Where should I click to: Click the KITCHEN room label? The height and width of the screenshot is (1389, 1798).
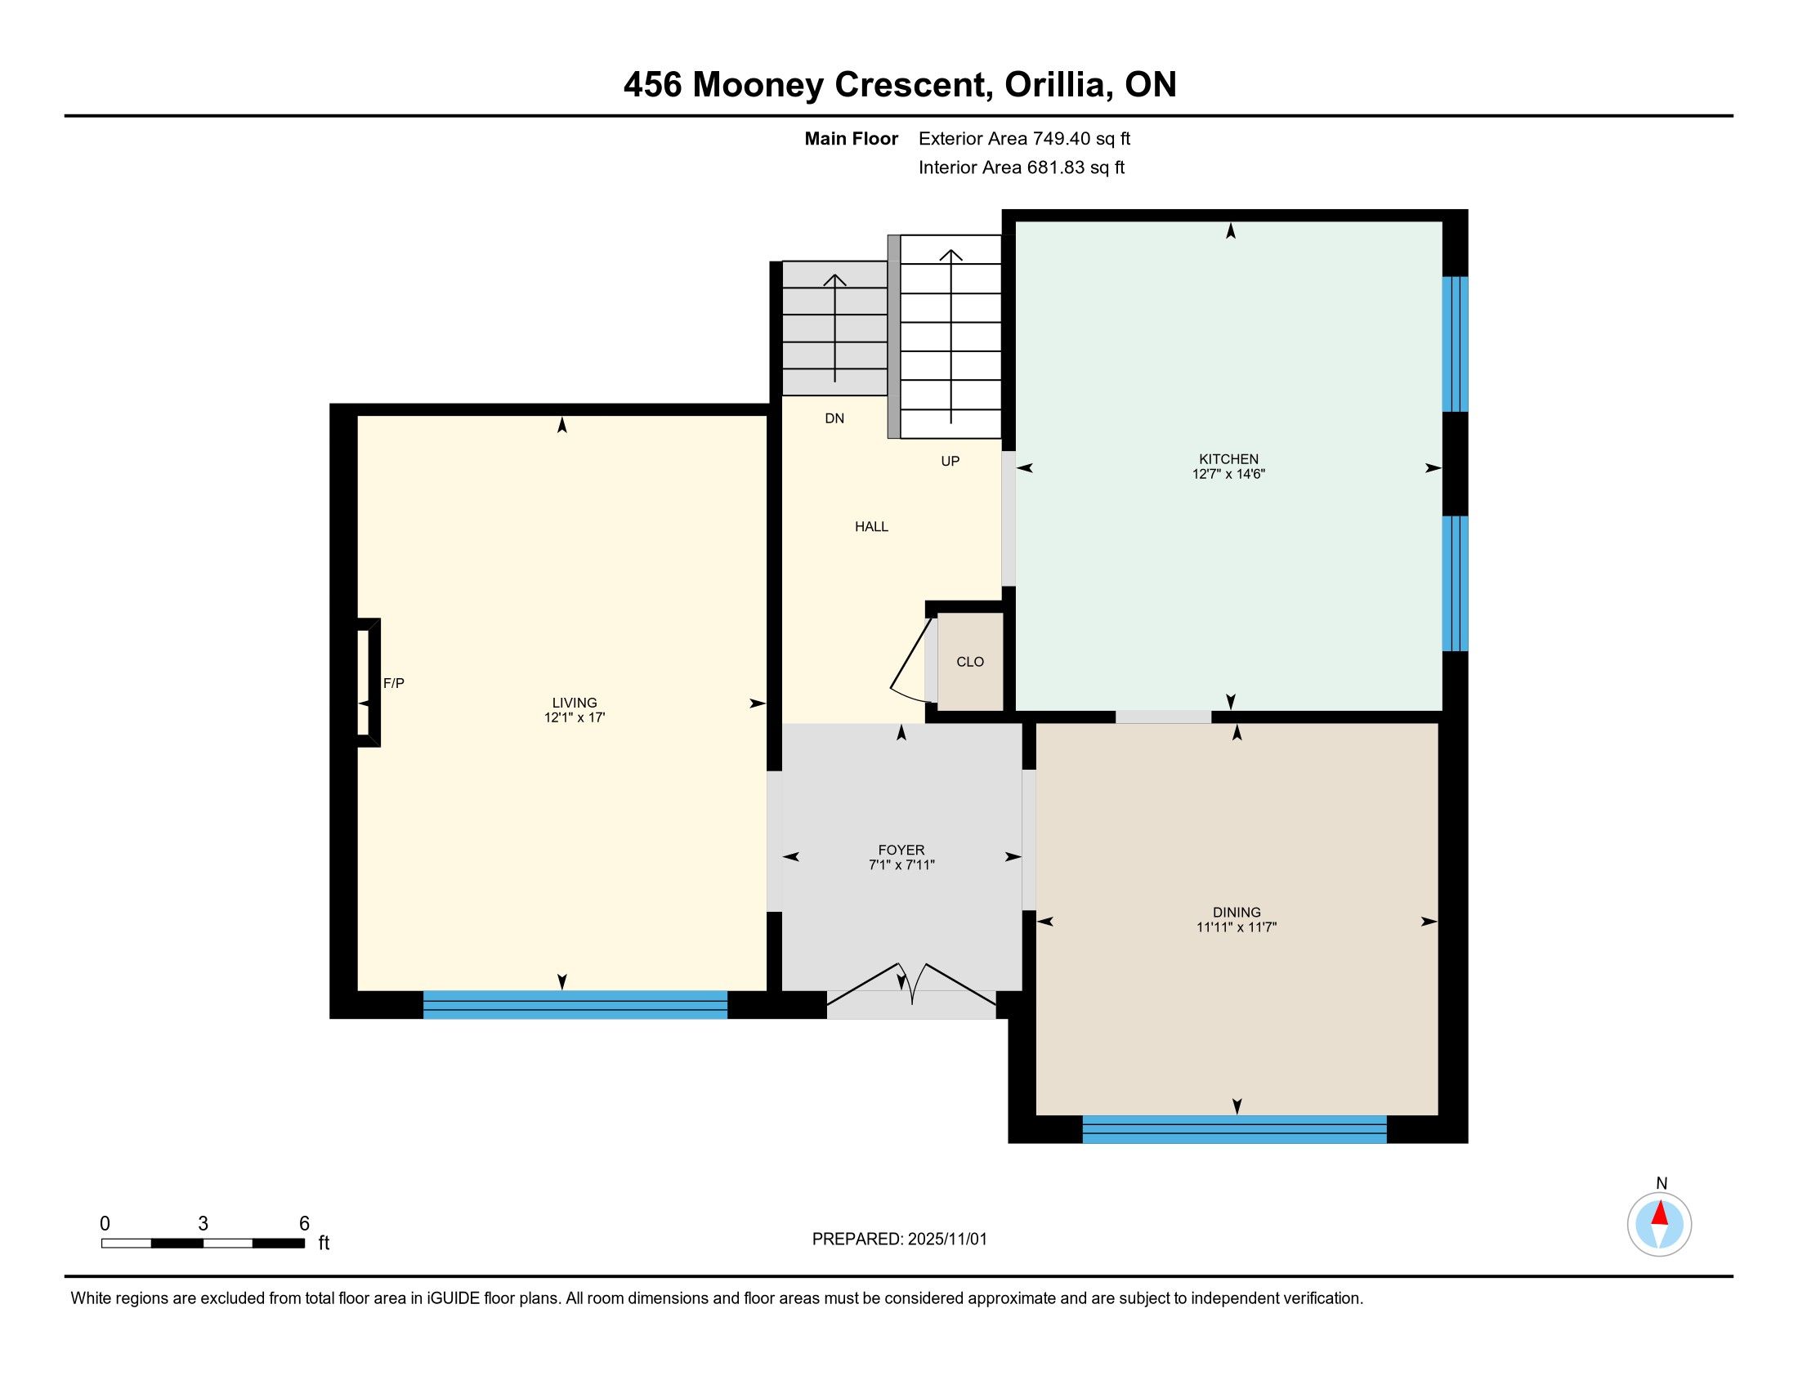coord(1228,459)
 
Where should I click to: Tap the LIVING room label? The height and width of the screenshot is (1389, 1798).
coord(575,703)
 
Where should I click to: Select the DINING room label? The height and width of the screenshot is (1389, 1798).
coord(1237,912)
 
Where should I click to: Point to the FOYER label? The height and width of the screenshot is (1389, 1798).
coord(901,850)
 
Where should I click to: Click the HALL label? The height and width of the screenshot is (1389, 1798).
coord(871,527)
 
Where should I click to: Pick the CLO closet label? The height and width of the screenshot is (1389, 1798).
coord(970,662)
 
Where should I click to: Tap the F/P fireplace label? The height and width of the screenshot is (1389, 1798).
coord(394,683)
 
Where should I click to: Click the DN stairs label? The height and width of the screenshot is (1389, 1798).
coord(834,418)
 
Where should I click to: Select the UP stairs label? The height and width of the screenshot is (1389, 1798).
coord(950,462)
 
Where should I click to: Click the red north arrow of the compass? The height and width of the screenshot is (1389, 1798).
coord(1660,1213)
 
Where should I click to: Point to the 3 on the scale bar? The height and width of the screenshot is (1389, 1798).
coord(204,1224)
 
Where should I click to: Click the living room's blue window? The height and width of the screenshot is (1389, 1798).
coord(575,1005)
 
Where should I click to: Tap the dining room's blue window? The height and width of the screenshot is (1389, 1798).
coord(1234,1129)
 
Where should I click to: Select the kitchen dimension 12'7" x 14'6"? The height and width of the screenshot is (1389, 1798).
coord(1228,474)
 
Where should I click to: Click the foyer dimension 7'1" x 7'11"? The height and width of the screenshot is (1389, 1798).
coord(901,864)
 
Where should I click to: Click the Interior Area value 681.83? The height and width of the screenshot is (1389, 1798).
coord(1055,167)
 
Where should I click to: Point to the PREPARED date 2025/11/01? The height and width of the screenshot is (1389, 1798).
coord(946,1239)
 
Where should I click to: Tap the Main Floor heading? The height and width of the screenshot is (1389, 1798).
coord(852,139)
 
